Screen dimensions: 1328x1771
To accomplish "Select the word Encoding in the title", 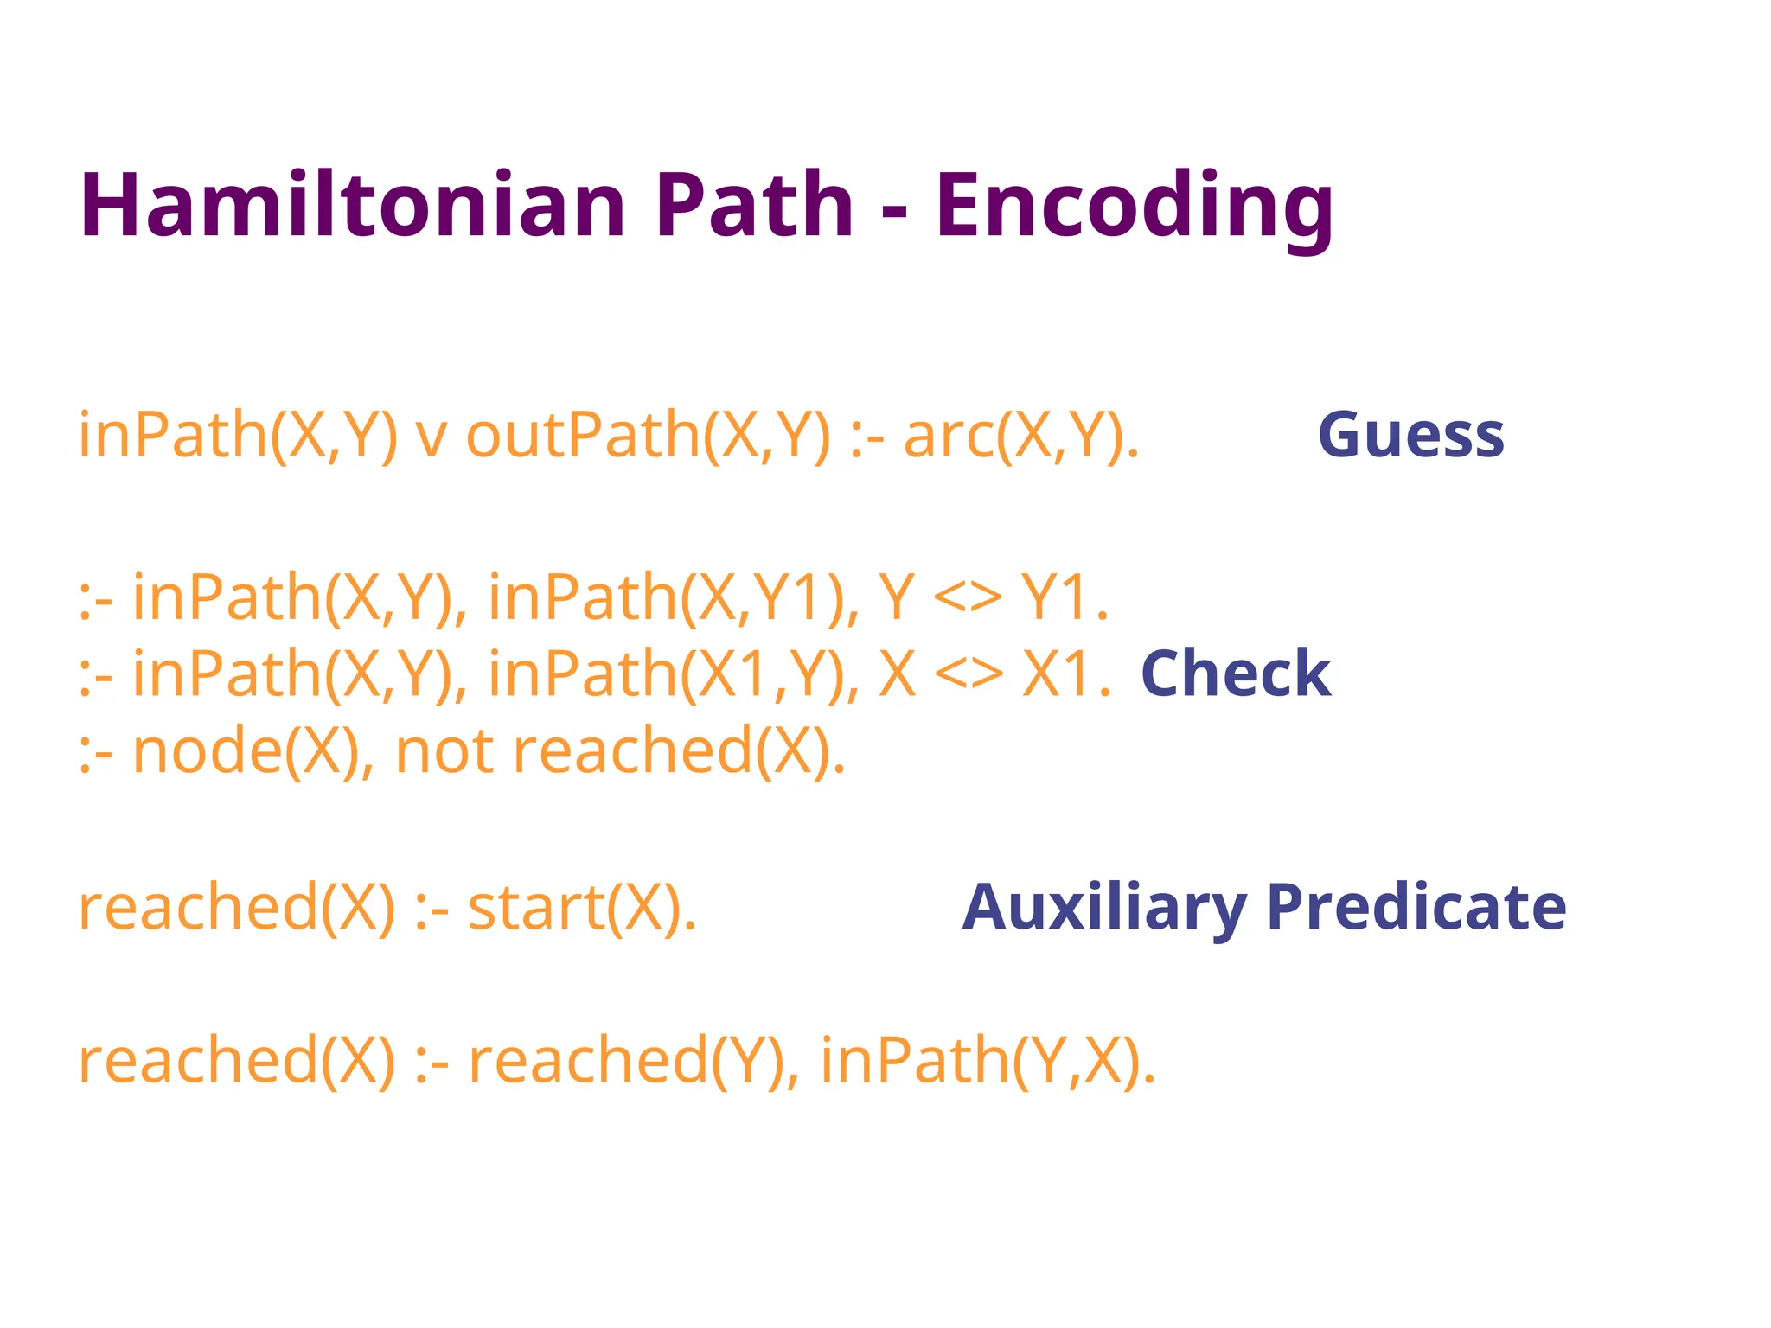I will coord(1134,206).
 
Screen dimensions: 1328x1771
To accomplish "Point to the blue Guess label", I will coord(1410,435).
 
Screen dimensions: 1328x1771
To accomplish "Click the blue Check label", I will coord(1236,674).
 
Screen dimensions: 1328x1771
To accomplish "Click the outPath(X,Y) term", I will coord(648,435).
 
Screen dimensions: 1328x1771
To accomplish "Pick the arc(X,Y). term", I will coord(1021,435).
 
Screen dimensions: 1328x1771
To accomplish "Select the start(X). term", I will coord(582,909).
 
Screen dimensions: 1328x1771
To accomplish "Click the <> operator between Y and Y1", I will coord(968,597).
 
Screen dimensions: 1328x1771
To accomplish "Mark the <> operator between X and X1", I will coord(969,674).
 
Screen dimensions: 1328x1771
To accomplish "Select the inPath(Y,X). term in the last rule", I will coord(987,1061).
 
